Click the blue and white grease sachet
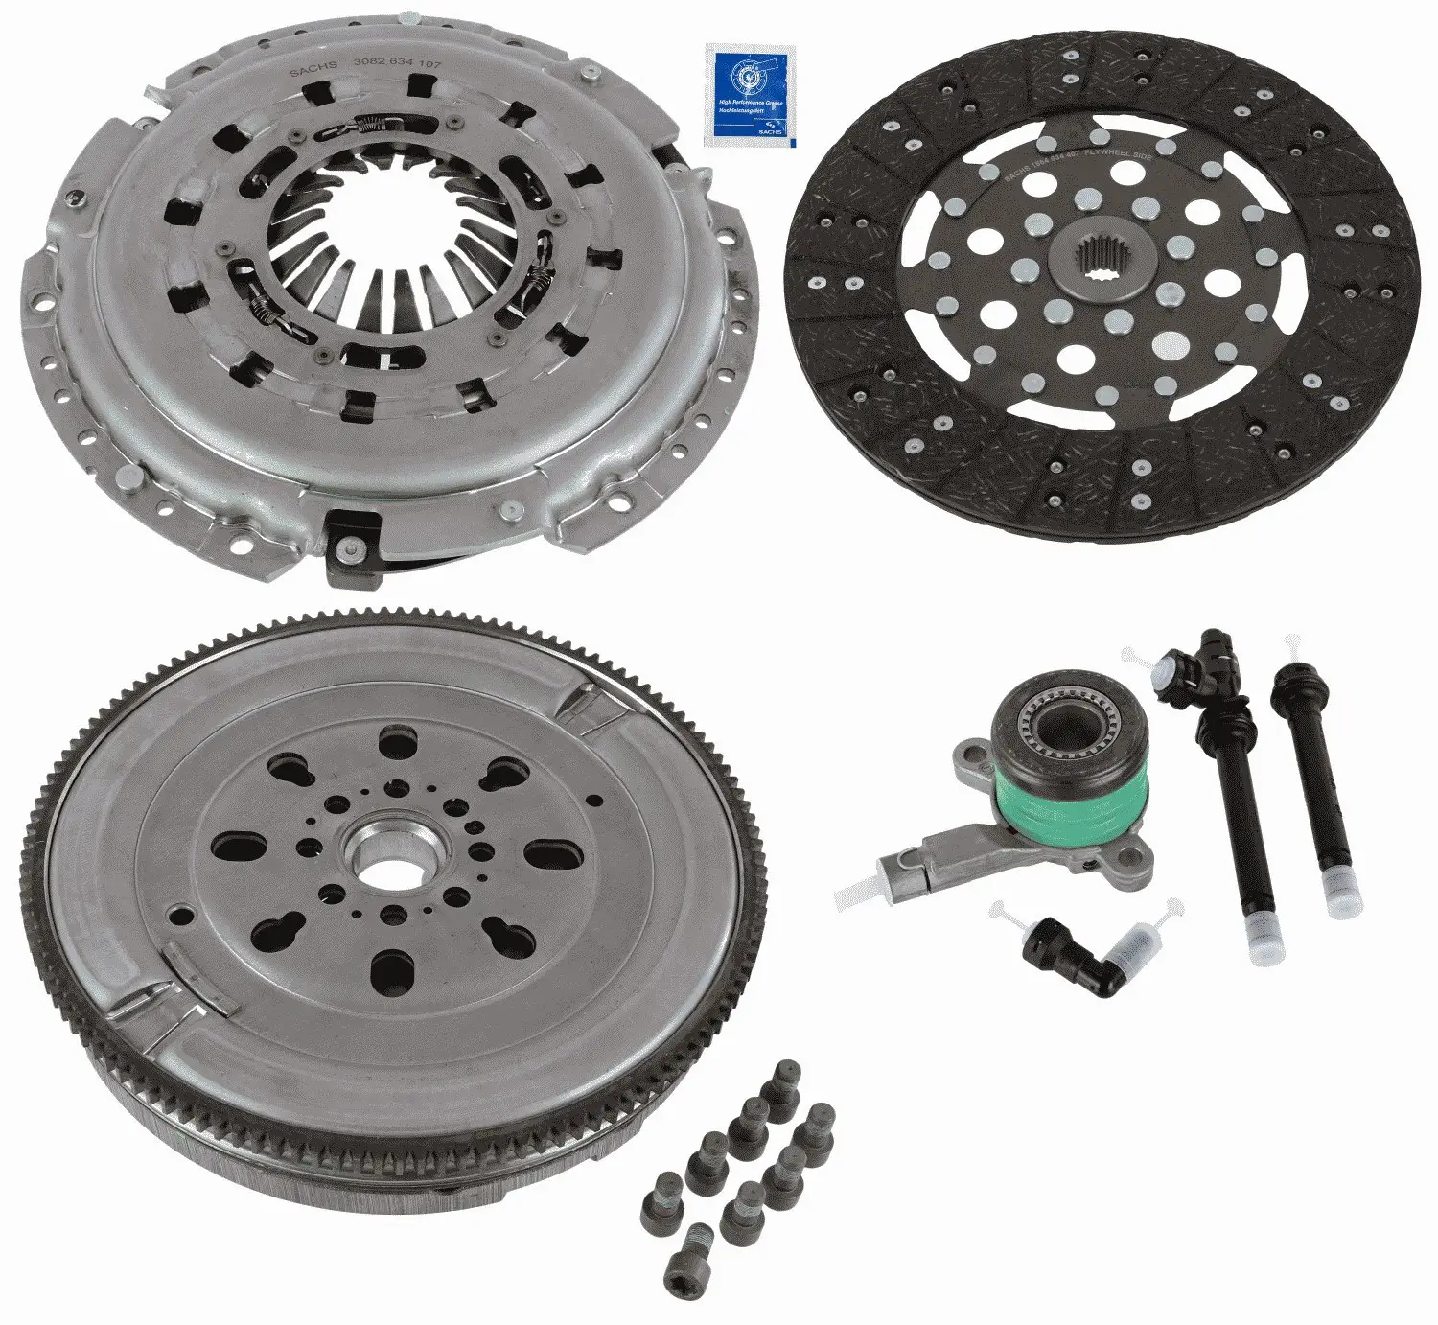coord(748,95)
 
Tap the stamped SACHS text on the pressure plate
coord(313,67)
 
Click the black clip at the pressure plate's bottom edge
coord(351,548)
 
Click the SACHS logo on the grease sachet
coord(768,125)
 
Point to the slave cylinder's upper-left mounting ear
coord(970,761)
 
